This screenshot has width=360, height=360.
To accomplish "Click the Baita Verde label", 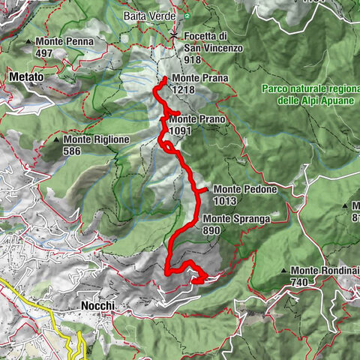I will pos(150,16).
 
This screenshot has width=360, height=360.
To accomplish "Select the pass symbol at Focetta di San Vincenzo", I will pos(174,34).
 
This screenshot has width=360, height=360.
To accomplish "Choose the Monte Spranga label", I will pos(236,220).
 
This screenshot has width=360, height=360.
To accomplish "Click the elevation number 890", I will pos(213,230).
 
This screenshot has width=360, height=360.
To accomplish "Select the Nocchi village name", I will pos(96,306).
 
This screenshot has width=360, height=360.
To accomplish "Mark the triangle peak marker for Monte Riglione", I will pos(57,139).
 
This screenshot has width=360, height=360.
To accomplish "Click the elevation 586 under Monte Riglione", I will pos(73,151).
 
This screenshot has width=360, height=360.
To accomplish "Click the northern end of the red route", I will pos(164,79).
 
